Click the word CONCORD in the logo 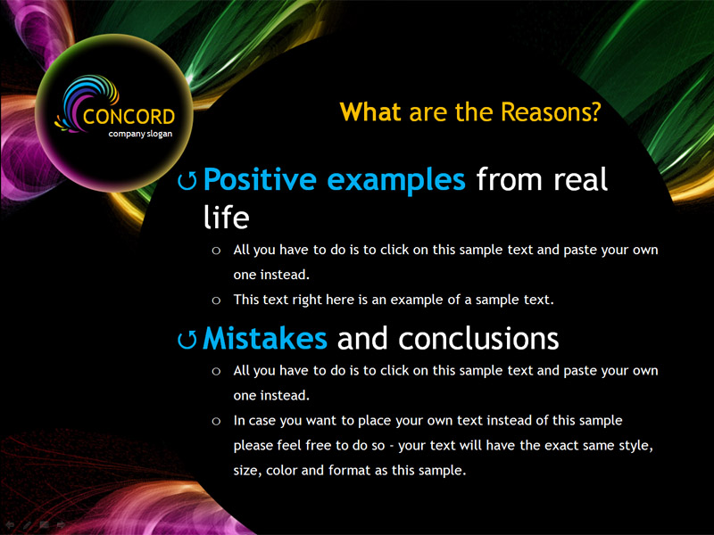coord(129,117)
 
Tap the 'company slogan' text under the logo coord(140,134)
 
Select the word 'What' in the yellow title coord(370,112)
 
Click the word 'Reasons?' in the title coord(551,112)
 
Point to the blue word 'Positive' coord(260,180)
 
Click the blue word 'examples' coord(396,181)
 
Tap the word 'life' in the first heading coord(226,217)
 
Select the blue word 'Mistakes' coord(264,339)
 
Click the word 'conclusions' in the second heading coord(478,339)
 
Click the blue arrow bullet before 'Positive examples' coord(187,181)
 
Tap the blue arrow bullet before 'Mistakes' coord(187,340)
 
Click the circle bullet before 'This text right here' coord(216,300)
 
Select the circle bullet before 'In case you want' coord(216,421)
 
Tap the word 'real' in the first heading coord(581,179)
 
